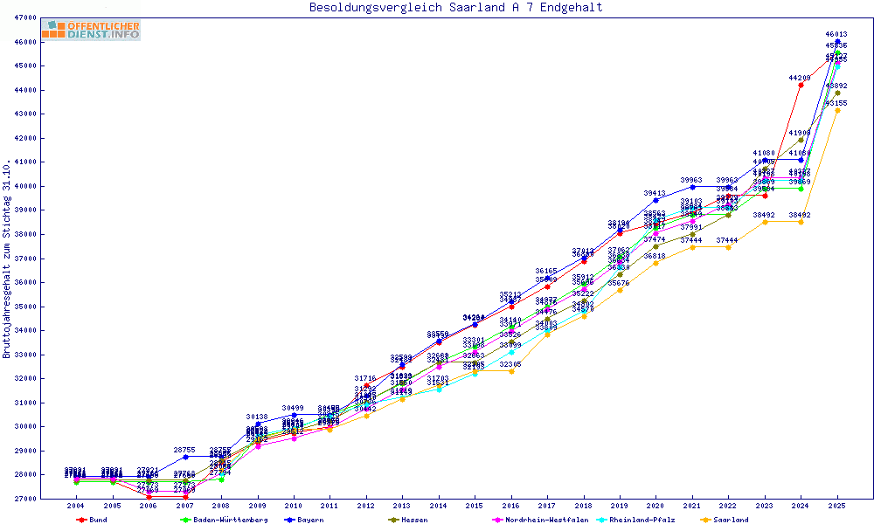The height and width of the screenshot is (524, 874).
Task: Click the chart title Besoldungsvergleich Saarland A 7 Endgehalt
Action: (455, 8)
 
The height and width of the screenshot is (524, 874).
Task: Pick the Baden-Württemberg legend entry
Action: (224, 520)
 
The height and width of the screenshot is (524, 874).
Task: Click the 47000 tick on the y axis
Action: (24, 17)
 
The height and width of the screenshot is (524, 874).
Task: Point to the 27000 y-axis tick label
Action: (24, 499)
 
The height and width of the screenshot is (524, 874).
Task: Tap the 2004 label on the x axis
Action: (76, 507)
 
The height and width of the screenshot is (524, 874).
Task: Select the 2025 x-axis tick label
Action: (837, 507)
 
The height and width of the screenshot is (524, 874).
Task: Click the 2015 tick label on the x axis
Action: (475, 507)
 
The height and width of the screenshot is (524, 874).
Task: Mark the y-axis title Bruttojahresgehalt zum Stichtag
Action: (8, 259)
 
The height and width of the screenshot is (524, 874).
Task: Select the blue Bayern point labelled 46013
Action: (837, 42)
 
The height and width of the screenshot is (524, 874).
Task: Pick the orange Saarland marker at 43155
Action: (837, 111)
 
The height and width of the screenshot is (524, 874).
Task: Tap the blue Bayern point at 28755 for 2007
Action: (184, 457)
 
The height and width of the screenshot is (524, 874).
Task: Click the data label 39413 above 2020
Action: (655, 193)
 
